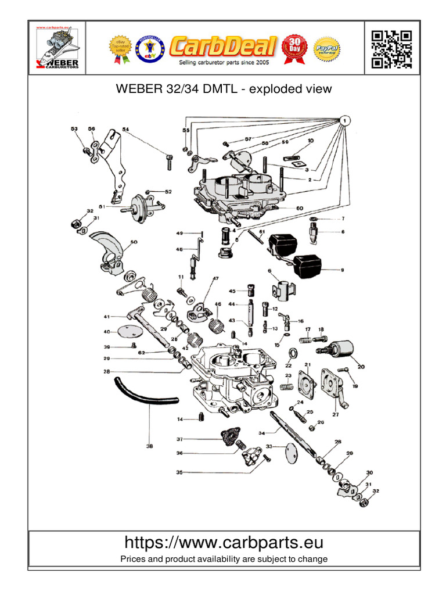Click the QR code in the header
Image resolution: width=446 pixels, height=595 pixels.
click(x=391, y=49)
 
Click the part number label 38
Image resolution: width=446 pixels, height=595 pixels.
click(x=149, y=446)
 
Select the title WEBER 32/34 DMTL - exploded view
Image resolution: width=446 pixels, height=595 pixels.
click(x=224, y=89)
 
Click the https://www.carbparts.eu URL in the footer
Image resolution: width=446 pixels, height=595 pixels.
click(x=224, y=543)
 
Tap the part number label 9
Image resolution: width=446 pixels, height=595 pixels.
click(x=342, y=270)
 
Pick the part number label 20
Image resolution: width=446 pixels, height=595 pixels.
click(x=361, y=367)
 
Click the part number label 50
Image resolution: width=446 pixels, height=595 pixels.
click(x=134, y=242)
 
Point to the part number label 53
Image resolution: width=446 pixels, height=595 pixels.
click(x=74, y=129)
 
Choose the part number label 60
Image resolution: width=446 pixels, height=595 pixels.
click(x=300, y=208)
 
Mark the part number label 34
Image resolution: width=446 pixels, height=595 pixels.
click(x=261, y=433)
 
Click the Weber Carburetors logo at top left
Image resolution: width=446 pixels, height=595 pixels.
click(x=58, y=49)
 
